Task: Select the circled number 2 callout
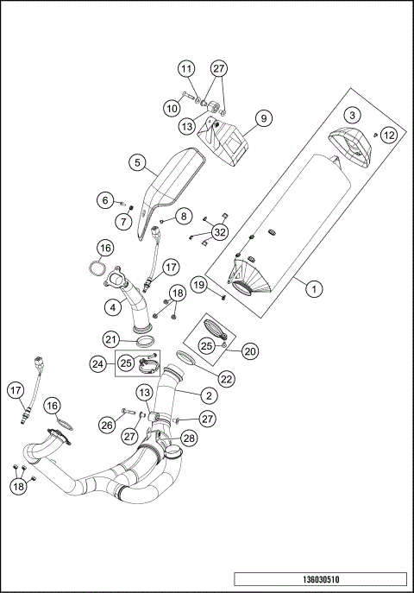[208, 394]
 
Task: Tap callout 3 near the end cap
[351, 115]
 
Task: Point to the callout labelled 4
[113, 306]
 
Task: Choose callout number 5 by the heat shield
[136, 162]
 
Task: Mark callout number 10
[172, 108]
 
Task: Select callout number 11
[186, 68]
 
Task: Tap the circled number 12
[388, 135]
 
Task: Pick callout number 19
[198, 285]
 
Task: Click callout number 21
[111, 339]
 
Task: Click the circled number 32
[219, 231]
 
